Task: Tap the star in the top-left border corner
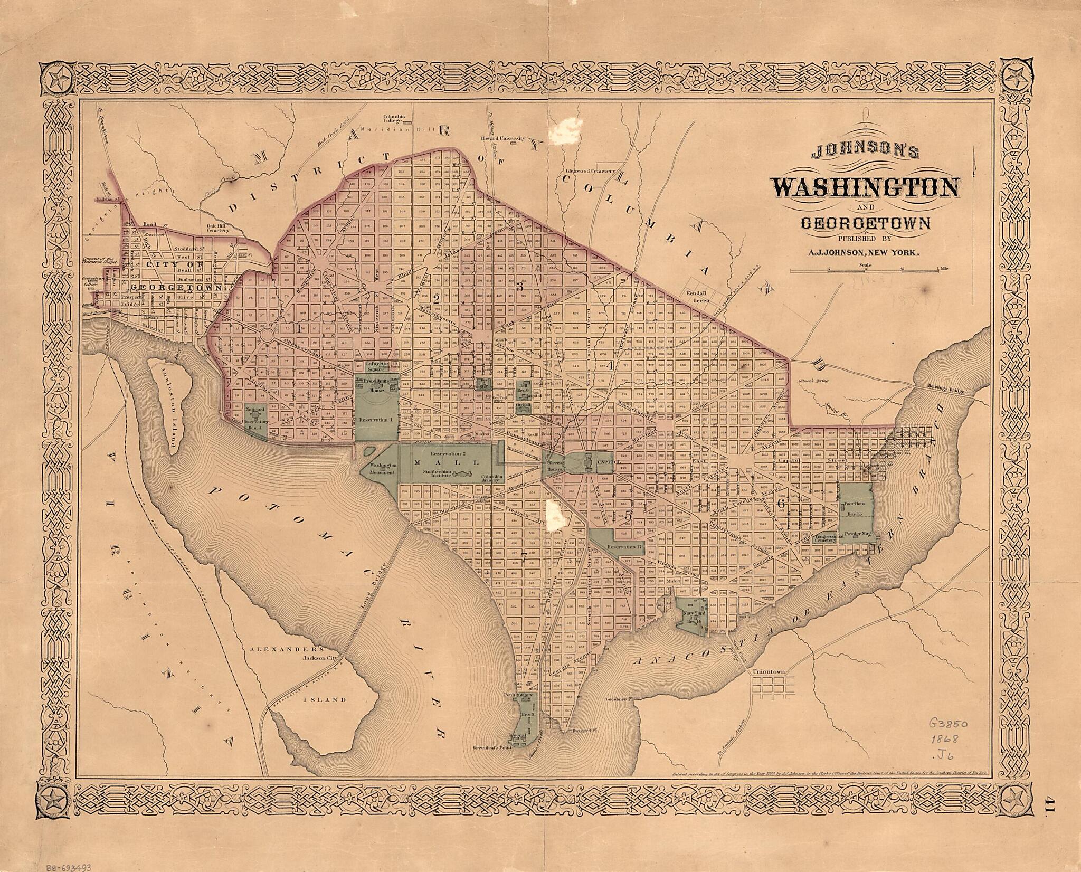(x=58, y=80)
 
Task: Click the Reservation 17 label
(x=624, y=547)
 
